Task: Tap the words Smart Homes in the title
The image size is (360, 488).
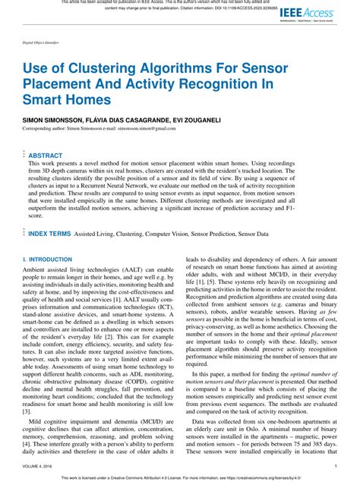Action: click(x=66, y=99)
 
